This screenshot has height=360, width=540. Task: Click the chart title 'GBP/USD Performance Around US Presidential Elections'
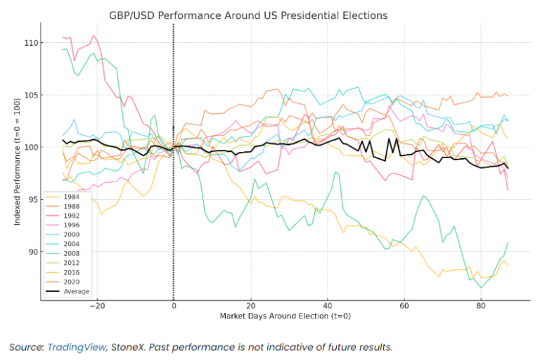tap(258, 15)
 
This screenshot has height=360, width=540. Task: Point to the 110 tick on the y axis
tap(30, 43)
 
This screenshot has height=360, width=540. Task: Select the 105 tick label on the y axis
tap(30, 95)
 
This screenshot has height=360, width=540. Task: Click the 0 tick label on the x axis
tap(174, 307)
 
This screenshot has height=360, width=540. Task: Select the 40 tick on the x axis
tap(327, 307)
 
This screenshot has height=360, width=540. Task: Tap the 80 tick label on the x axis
tap(480, 307)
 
